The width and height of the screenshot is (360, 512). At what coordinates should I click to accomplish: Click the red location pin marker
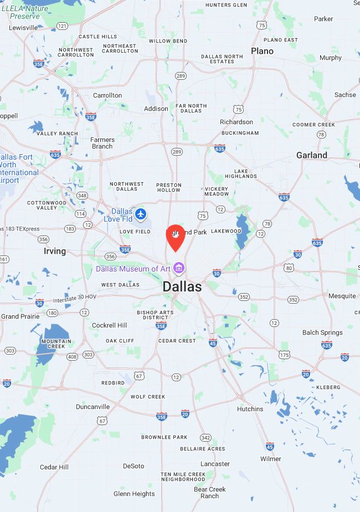coord(176,237)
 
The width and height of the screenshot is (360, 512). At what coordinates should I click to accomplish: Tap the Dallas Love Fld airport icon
coord(141,213)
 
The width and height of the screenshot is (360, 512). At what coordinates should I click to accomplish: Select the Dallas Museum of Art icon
coord(178,269)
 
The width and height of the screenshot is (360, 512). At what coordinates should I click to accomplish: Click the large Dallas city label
coord(182,286)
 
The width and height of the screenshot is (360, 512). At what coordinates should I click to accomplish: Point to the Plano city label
coord(262,51)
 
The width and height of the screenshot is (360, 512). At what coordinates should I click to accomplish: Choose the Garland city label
coord(311,155)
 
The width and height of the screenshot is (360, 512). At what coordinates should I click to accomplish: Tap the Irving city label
coord(55,251)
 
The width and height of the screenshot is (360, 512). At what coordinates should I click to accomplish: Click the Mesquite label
coord(342,296)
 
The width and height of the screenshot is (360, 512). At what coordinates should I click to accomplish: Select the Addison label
coord(156,109)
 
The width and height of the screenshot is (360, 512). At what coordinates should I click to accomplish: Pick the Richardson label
coord(236,122)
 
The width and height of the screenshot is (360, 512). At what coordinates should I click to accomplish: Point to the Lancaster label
coord(215,464)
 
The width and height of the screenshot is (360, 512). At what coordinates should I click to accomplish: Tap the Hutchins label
coord(250,409)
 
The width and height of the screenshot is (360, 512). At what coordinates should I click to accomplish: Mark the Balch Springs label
coord(322,332)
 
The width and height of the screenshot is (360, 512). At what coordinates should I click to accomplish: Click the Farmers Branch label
coord(102,143)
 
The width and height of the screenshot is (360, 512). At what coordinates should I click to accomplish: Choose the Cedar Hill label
coord(54,467)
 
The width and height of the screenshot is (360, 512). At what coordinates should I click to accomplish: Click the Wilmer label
coord(271,459)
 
